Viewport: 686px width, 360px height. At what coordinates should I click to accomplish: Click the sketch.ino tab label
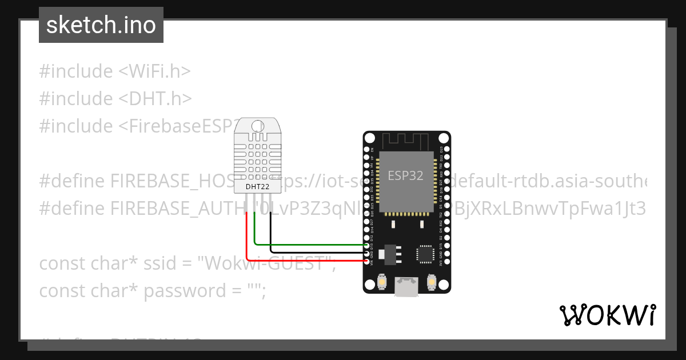pos(101,25)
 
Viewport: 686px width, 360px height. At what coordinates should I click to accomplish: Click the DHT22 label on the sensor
pos(257,186)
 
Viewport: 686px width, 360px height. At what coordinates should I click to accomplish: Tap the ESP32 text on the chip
pos(406,175)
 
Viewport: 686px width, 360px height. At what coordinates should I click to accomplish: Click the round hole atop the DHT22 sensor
pos(257,126)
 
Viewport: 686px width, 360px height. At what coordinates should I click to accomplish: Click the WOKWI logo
pos(607,315)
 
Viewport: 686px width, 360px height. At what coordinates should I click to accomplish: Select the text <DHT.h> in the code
pos(155,99)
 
